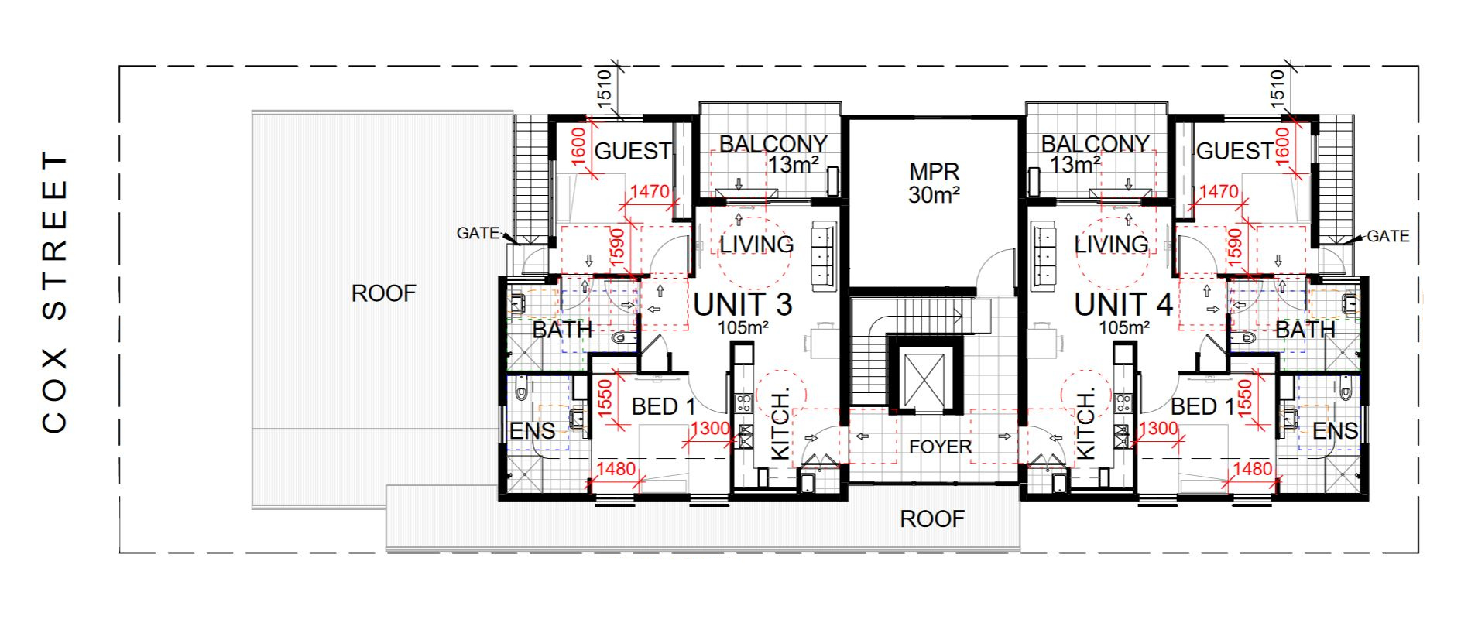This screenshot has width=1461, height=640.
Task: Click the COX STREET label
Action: coord(54,293)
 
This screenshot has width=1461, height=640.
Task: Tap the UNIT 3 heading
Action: coord(743,304)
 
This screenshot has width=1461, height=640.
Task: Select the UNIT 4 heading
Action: coord(1123,304)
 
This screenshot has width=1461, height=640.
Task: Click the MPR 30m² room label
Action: coord(934,183)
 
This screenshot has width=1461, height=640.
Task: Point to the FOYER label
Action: coord(940,447)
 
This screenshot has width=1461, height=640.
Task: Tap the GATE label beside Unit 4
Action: coord(1387,236)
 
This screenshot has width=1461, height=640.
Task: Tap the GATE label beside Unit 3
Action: coord(477,233)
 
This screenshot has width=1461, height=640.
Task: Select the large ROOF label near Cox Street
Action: coord(383,293)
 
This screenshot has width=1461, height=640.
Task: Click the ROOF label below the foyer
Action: coord(932,519)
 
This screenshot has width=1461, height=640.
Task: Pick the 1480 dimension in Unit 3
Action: coord(616,469)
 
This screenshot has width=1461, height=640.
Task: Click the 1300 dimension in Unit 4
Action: coord(1159,428)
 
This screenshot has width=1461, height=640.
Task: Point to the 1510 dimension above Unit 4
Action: coord(1278,87)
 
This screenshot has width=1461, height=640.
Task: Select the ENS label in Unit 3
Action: coord(532,431)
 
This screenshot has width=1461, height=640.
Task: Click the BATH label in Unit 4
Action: coord(1305,330)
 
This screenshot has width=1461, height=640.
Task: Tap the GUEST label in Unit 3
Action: coord(633,151)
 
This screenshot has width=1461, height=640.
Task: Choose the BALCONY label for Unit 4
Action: coord(1094,144)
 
